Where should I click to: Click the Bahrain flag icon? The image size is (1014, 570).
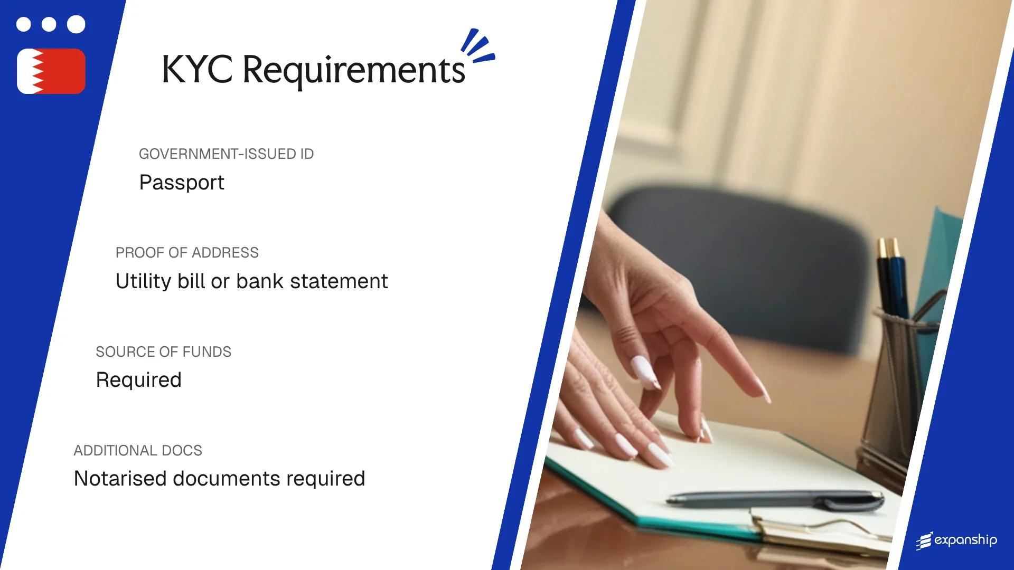coord(51,71)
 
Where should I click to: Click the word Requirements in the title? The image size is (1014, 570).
coord(353,71)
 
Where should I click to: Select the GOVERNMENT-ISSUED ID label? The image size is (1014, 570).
coord(226,154)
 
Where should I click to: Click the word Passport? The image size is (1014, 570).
coord(182,183)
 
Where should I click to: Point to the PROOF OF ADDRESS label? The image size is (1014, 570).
coord(187,253)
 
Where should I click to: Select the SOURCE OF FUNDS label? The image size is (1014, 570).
coord(163,352)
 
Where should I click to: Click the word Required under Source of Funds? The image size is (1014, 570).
coord(138,380)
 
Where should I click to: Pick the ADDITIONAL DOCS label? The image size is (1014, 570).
coord(138,451)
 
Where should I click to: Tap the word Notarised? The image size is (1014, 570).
coord(119,479)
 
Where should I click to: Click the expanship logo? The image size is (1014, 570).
coord(956,540)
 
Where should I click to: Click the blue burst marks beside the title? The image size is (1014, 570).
coord(477,46)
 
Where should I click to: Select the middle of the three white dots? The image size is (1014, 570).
coord(49,24)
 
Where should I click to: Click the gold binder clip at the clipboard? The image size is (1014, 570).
coord(824,530)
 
